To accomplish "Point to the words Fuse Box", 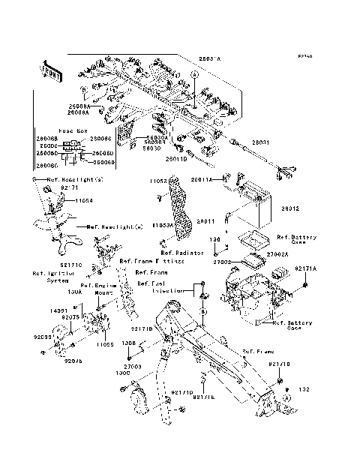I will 73,130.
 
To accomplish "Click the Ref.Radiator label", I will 183,253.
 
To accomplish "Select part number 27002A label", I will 277,254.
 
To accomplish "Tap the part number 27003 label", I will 133,366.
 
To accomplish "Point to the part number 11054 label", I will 85,201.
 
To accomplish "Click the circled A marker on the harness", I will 193,75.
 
